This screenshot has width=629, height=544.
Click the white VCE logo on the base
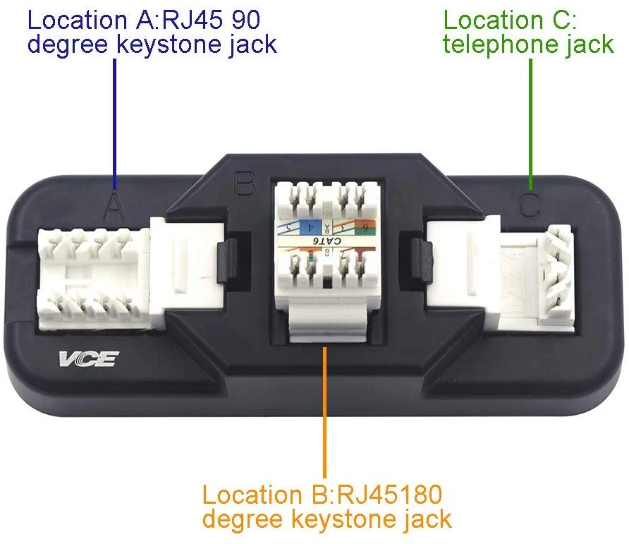pyautogui.click(x=89, y=359)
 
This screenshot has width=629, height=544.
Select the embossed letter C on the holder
pyautogui.click(x=529, y=205)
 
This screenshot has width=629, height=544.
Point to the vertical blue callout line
pyautogui.click(x=116, y=120)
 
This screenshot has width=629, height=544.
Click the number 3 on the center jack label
pyautogui.click(x=341, y=227)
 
